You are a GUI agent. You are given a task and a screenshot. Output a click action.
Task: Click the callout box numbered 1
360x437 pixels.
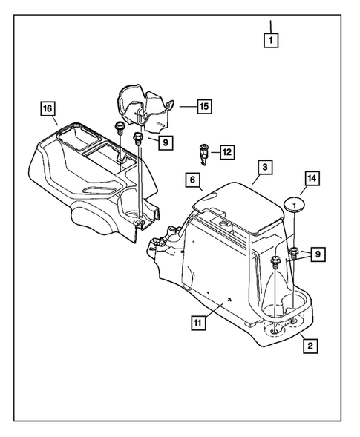pyautogui.click(x=272, y=42)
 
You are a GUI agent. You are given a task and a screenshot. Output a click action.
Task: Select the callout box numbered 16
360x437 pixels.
pyautogui.click(x=47, y=110)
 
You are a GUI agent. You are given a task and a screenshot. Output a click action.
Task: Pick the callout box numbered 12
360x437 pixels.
pyautogui.click(x=226, y=152)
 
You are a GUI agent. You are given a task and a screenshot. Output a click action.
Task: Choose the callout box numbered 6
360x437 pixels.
pyautogui.click(x=192, y=180)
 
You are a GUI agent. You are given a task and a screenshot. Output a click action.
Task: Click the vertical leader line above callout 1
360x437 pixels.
pyautogui.click(x=272, y=25)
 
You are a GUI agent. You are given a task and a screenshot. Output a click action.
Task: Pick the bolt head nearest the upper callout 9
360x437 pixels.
pyautogui.click(x=137, y=138)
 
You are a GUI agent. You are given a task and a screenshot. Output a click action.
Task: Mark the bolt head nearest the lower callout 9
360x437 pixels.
pyautogui.click(x=277, y=261)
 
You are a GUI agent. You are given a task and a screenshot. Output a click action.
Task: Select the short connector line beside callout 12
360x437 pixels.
pyautogui.click(x=215, y=153)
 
